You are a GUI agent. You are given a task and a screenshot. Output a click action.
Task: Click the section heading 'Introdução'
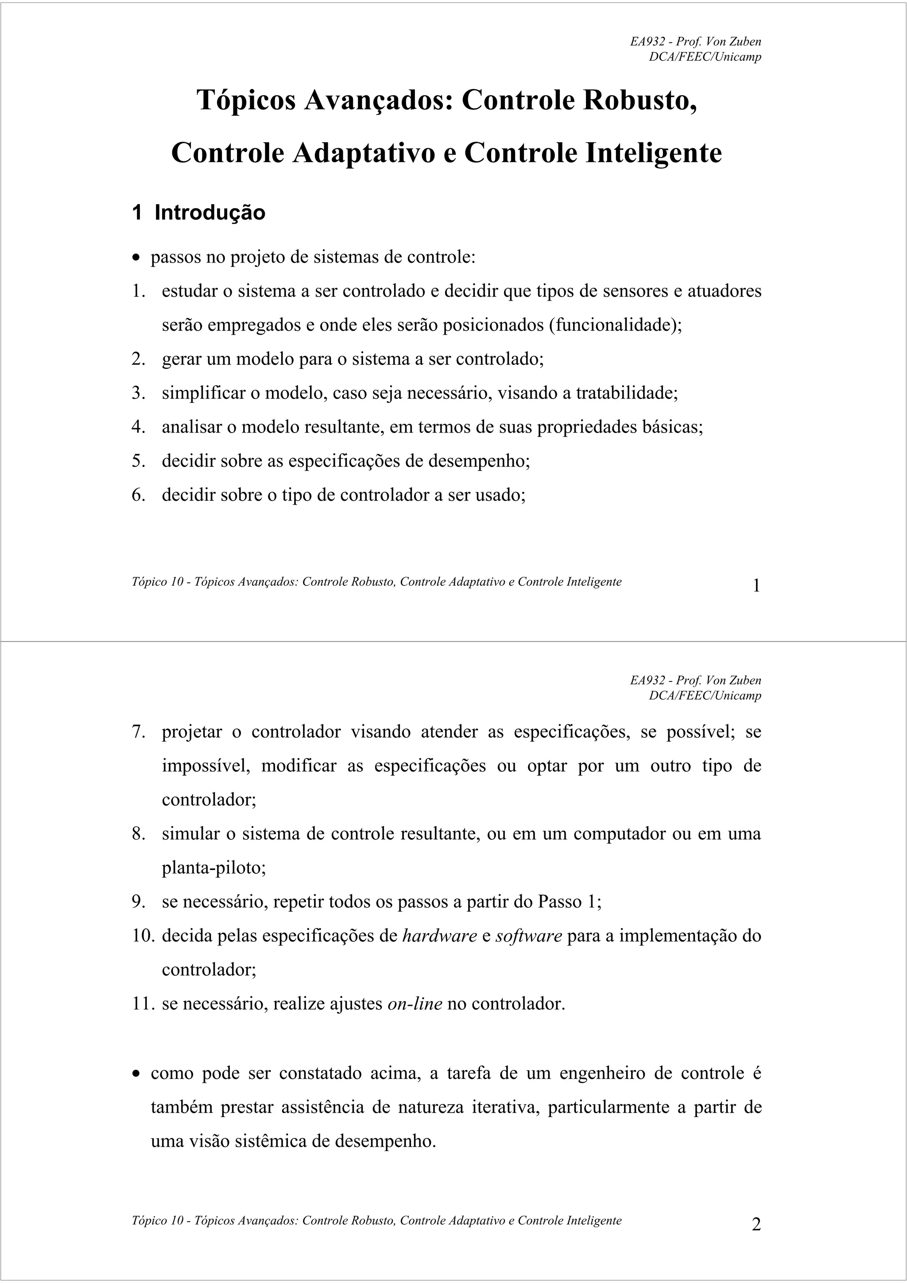(x=209, y=213)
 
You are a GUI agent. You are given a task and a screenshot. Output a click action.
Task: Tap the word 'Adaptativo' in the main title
(x=363, y=153)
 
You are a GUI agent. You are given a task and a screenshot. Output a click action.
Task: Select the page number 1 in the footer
(x=756, y=586)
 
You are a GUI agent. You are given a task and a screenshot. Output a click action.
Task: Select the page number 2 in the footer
(x=756, y=1224)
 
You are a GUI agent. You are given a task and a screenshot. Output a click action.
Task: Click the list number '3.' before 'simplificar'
(x=139, y=393)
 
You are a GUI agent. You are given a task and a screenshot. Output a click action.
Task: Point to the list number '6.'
(x=139, y=495)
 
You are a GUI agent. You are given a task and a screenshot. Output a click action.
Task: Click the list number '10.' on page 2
(x=143, y=935)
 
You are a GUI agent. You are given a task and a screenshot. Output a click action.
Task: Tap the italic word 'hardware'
(x=439, y=935)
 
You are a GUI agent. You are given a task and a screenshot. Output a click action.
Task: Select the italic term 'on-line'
(x=415, y=1004)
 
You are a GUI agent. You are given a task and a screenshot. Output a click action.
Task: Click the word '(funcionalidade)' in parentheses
(x=615, y=325)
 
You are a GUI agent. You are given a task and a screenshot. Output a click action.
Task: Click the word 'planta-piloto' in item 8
(x=213, y=868)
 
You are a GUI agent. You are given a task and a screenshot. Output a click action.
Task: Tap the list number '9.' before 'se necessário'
(x=139, y=901)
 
